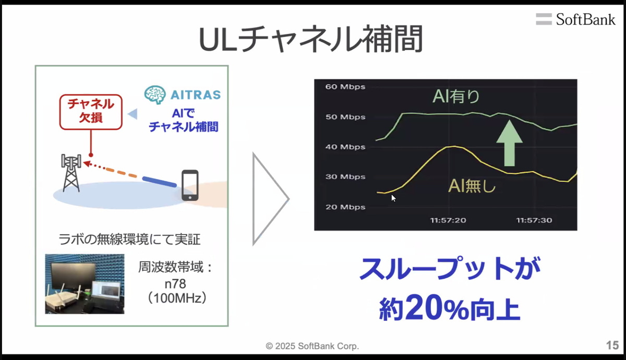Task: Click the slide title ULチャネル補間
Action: [311, 40]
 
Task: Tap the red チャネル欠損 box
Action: [91, 111]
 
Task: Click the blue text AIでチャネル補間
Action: [183, 121]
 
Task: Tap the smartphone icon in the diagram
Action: [190, 185]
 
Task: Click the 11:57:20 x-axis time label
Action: [448, 220]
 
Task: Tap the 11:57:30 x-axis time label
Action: [534, 220]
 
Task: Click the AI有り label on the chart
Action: [456, 97]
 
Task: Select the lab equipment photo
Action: [85, 284]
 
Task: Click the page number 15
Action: [612, 345]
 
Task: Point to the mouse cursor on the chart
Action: [393, 198]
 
